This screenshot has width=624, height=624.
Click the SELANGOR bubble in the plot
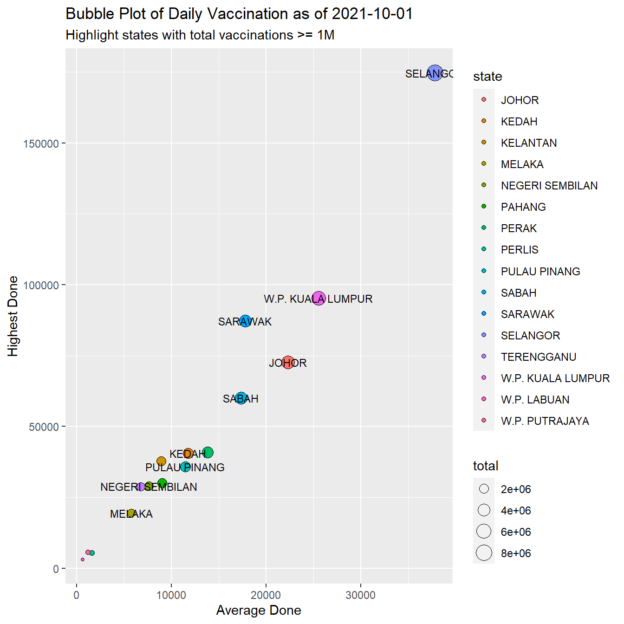pos(435,73)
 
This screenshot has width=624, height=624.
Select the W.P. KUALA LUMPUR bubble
pos(318,299)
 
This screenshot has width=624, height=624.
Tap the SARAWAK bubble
pos(245,321)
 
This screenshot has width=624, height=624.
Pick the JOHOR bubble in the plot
pos(288,363)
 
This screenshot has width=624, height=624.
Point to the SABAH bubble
pos(240,398)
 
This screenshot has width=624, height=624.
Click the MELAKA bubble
pos(131,513)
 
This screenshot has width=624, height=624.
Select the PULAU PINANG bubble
pos(186,467)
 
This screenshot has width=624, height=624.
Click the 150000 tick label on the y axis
pos(41,144)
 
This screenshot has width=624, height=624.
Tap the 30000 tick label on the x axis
pos(360,595)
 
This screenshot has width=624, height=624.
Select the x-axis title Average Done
pos(259,610)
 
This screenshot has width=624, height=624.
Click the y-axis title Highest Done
pos(13,316)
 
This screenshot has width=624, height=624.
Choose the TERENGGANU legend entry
pos(539,357)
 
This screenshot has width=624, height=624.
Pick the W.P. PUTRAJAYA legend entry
pos(545,421)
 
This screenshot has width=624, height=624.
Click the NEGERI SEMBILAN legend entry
pos(549,186)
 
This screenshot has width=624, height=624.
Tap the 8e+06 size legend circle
pos(484,553)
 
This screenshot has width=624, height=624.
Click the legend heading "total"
pos(485,466)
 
